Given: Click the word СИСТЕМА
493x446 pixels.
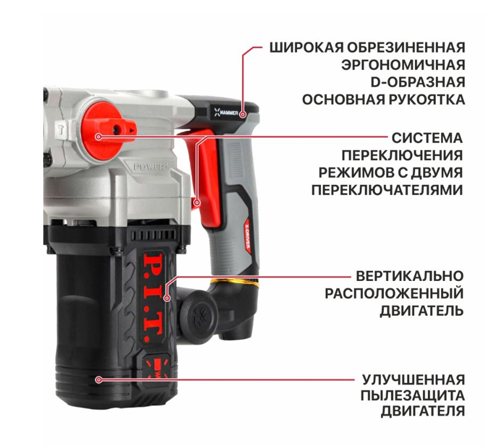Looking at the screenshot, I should point(427,137).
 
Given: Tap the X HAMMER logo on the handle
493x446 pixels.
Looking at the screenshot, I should point(226,113).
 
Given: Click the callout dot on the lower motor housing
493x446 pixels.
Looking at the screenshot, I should point(99,379).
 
